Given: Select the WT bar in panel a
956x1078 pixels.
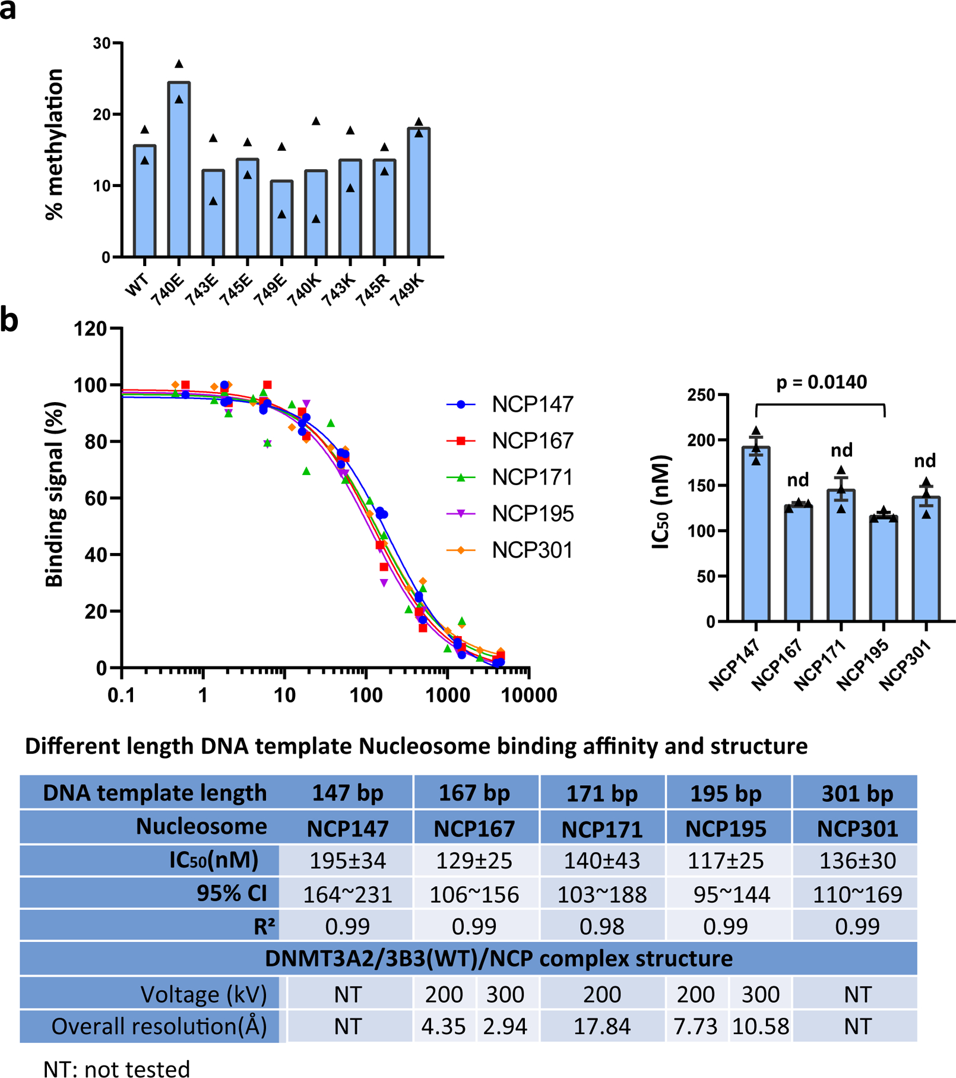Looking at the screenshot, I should (x=144, y=202).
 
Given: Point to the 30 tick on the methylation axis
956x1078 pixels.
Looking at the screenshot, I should (x=102, y=43).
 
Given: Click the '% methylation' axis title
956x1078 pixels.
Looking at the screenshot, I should (x=54, y=144).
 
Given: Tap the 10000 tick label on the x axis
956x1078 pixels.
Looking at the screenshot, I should (x=529, y=696).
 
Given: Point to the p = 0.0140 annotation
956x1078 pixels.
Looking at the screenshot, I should (x=821, y=382).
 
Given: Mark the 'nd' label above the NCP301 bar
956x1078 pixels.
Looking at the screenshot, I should (x=925, y=461).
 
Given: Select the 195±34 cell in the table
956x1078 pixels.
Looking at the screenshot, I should (x=347, y=861).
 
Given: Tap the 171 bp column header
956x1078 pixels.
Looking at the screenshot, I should (x=602, y=794).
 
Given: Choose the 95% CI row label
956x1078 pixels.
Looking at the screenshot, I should (x=232, y=894).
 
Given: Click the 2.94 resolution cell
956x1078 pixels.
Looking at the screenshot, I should (x=505, y=1026).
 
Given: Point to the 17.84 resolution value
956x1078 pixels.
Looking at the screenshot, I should (x=602, y=1026).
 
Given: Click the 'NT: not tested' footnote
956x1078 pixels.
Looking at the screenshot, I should (x=116, y=1068).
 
